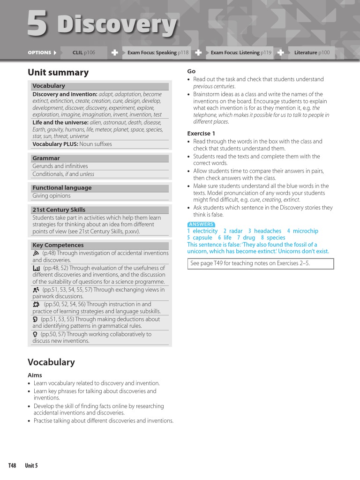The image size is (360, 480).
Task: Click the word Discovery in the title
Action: pos(117,25)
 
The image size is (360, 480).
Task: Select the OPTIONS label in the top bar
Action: pos(39,52)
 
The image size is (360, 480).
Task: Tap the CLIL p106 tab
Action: pos(84,52)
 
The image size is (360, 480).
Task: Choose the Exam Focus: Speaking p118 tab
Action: pos(158,52)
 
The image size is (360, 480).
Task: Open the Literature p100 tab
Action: pos(312,52)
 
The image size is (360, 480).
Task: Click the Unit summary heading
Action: pos(58,73)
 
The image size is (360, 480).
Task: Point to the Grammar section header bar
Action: pos(99,158)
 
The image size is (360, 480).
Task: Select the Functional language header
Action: pos(99,188)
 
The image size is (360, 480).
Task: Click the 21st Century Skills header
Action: pos(99,210)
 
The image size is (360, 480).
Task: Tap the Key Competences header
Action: pos(99,245)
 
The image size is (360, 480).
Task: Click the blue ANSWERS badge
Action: pos(201,224)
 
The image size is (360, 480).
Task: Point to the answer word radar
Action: pos(236,231)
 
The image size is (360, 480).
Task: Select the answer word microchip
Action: pos(305,231)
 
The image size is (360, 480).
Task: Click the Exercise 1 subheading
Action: pos(201,134)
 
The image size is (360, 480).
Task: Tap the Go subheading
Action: pos(191,71)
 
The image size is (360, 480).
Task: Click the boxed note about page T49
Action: pos(261,263)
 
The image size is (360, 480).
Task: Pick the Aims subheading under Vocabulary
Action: pos(35,375)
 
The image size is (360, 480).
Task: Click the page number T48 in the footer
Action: pos(12,465)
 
